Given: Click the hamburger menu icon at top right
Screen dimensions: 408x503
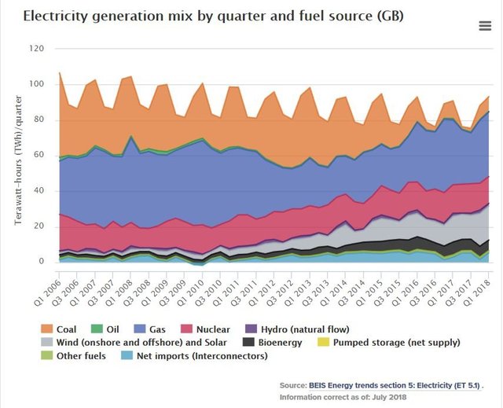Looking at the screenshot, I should (x=484, y=25).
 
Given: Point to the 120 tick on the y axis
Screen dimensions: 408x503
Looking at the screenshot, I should (x=36, y=49).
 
